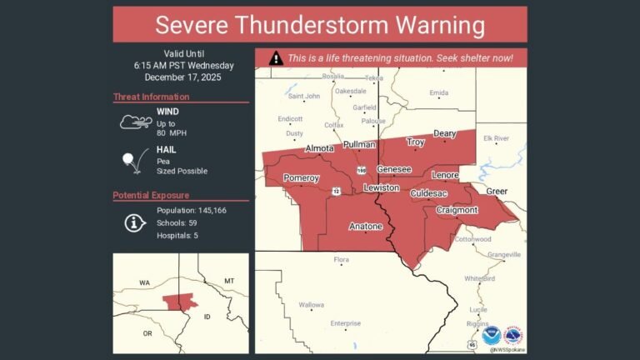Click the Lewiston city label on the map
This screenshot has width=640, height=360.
pyautogui.click(x=381, y=188)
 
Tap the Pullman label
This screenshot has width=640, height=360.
pyautogui.click(x=359, y=145)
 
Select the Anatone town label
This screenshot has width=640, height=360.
pyautogui.click(x=365, y=227)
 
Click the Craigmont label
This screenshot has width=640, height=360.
pyautogui.click(x=457, y=211)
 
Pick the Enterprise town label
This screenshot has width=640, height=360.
pyautogui.click(x=345, y=323)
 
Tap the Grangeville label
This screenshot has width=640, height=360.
pyautogui.click(x=503, y=254)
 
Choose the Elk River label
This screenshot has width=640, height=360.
pyautogui.click(x=497, y=137)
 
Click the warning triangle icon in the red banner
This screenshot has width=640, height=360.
pyautogui.click(x=276, y=58)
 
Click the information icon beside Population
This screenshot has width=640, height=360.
pyautogui.click(x=132, y=222)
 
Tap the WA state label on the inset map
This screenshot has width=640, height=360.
pyautogui.click(x=144, y=283)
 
